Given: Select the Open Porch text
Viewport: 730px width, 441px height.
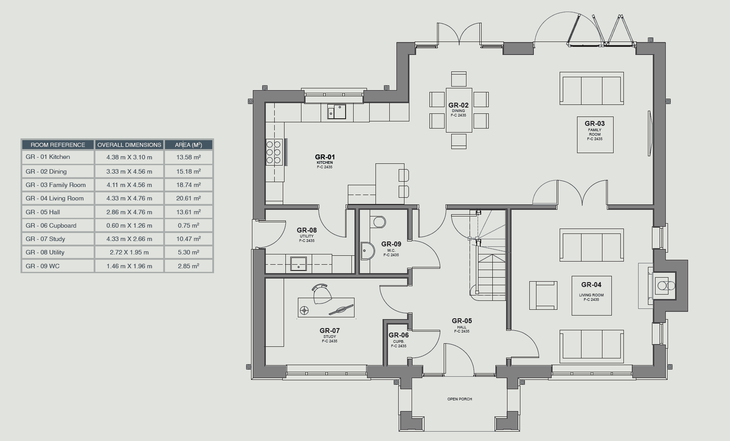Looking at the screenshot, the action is [459, 399].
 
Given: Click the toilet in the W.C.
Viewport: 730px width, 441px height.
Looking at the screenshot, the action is [379, 221].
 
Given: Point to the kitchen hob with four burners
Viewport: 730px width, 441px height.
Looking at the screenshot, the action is [273, 152].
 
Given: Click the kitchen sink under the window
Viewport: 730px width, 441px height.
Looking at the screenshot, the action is [337, 112].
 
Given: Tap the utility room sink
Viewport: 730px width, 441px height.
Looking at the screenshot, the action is [298, 263].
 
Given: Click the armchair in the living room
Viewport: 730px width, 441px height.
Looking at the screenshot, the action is [543, 295].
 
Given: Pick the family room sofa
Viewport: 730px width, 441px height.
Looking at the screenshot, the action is [591, 89].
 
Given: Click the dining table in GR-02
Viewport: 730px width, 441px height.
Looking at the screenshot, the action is [459, 110].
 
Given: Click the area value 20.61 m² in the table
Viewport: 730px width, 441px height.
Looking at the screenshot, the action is [188, 198].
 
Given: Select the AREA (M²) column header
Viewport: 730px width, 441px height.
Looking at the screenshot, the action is [188, 145].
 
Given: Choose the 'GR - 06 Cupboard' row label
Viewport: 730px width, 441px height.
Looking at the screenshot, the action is [51, 225].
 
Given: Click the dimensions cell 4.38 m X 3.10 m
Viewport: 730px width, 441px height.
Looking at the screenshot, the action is [129, 157].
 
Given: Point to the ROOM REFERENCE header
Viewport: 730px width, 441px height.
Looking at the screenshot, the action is [58, 145].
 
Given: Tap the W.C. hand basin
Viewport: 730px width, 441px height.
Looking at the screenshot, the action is [366, 251].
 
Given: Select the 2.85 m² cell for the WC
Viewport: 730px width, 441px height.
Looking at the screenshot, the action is [188, 266].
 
